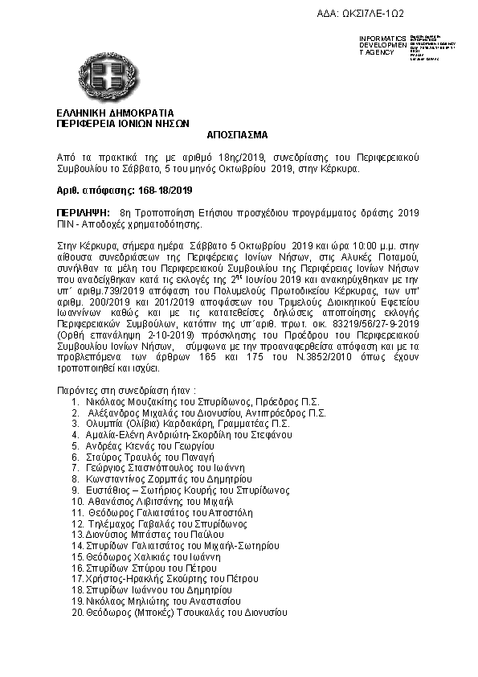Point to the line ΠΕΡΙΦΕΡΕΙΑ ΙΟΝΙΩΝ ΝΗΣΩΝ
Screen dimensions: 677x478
point(122,125)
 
